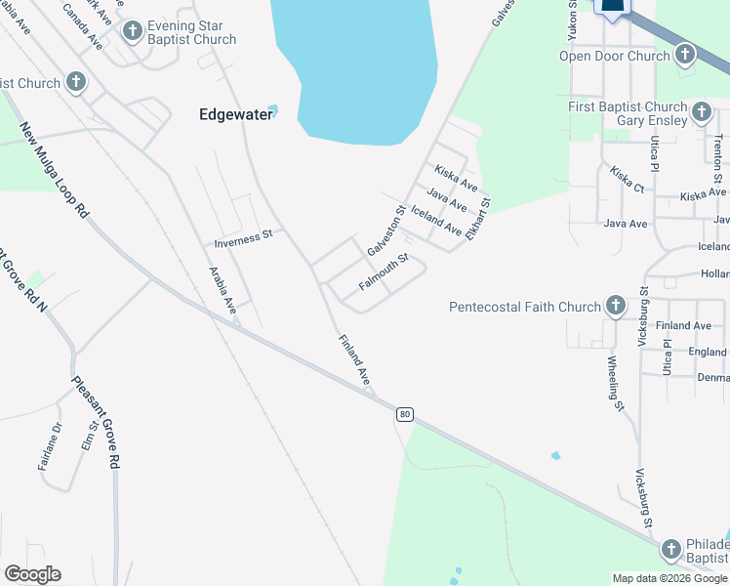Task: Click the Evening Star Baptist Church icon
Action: pos(133,31)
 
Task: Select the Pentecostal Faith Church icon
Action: pos(615,307)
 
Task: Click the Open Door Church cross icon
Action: pos(685,55)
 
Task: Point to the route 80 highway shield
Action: pos(405,415)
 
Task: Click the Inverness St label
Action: pos(243,237)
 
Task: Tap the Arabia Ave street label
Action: pos(223,290)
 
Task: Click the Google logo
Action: pos(32,574)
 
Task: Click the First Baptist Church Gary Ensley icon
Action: pos(701,113)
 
